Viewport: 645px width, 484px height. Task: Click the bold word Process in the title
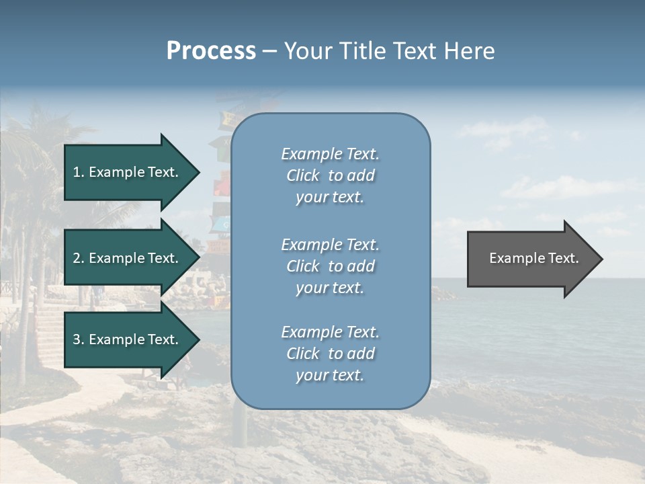click(211, 51)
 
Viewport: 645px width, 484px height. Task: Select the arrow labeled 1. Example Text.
click(128, 172)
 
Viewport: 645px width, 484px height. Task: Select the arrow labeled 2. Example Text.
click(128, 258)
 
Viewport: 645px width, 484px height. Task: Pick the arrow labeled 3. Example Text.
click(128, 339)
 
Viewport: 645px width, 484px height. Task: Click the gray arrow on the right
click(531, 259)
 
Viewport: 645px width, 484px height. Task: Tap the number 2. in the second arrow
click(79, 258)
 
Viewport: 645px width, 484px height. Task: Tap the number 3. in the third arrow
click(79, 339)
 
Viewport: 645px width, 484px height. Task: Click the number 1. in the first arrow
click(78, 172)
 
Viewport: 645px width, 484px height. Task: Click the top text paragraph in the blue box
click(330, 175)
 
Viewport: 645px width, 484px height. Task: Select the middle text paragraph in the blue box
click(330, 266)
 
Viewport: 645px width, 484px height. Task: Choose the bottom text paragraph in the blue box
click(330, 354)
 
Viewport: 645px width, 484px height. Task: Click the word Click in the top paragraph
click(302, 175)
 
